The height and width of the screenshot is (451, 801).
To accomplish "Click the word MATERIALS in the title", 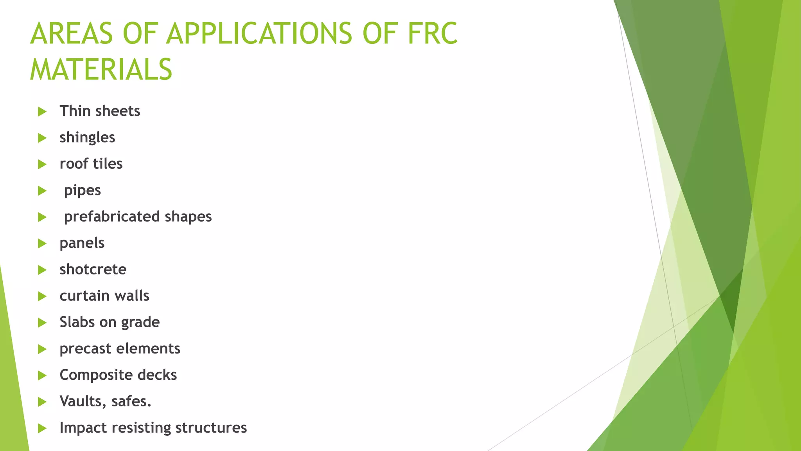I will (101, 70).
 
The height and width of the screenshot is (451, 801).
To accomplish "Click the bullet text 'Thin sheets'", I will (100, 111).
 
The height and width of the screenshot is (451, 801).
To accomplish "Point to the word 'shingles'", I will (87, 138).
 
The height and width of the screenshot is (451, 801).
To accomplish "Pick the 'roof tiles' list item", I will (91, 164).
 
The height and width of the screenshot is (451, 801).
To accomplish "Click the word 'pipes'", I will (82, 191).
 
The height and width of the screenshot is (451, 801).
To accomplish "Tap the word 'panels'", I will (82, 244).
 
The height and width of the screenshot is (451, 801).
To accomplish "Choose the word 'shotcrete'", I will (93, 269).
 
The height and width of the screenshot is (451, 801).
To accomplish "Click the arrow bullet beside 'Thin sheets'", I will (42, 112).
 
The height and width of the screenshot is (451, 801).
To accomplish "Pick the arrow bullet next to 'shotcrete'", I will (42, 270).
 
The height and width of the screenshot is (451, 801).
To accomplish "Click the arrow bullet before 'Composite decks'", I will (42, 376).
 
